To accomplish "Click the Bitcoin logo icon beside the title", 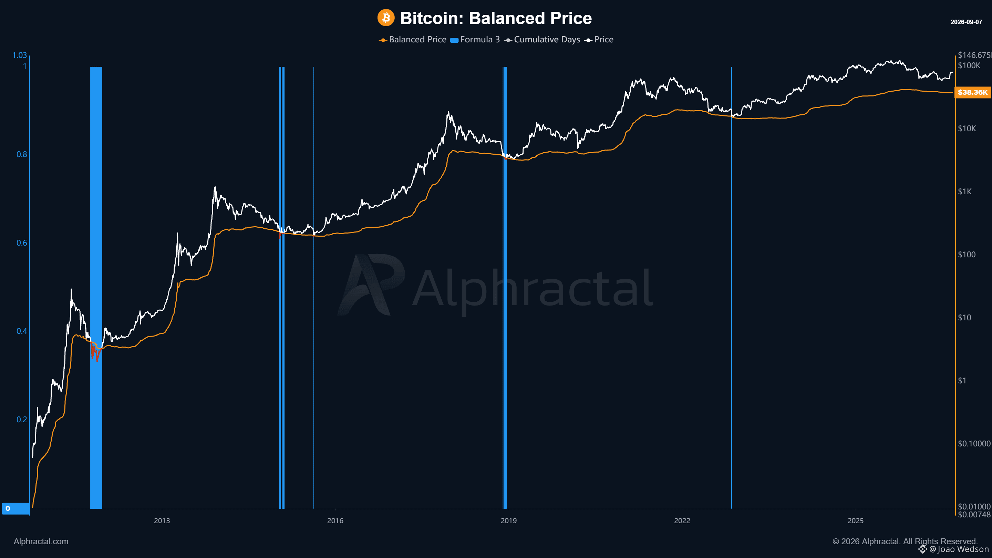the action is (x=385, y=18).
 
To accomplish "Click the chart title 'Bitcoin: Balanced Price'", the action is (x=496, y=18).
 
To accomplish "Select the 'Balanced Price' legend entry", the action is (x=413, y=40).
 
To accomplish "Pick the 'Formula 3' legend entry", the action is (x=475, y=40).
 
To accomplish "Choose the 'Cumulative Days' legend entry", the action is (x=542, y=40).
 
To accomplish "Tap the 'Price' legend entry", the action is (x=599, y=40).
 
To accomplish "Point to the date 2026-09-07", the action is (x=966, y=22).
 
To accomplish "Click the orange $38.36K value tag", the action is (x=972, y=92).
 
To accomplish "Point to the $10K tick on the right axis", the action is (x=967, y=128).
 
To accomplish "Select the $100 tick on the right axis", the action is (x=967, y=255).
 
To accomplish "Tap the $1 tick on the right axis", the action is (x=962, y=381).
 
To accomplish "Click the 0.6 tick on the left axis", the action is (x=22, y=242).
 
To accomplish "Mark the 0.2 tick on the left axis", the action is (x=22, y=420).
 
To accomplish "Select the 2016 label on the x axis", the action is (x=335, y=521).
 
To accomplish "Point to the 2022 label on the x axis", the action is (x=682, y=521).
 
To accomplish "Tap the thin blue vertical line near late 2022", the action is (x=731, y=288).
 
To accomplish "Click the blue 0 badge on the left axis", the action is (x=16, y=508).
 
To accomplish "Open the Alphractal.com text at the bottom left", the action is (x=41, y=541).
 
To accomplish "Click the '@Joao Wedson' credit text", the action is (x=959, y=549).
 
